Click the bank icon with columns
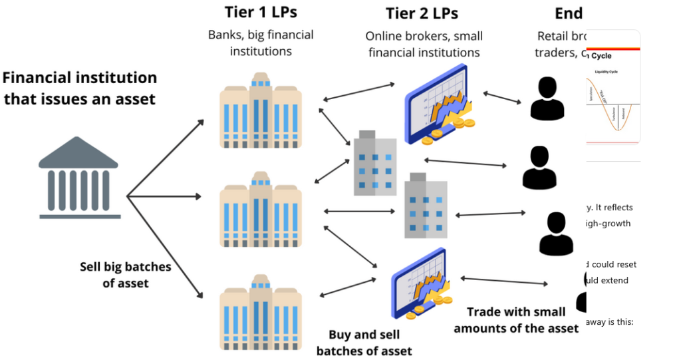[x=79, y=179]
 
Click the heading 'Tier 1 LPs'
[x=260, y=12]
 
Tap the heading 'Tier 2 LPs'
[x=422, y=13]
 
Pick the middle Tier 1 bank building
[x=260, y=209]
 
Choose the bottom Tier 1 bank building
[x=260, y=313]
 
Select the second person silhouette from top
[x=539, y=167]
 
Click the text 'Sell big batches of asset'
[x=126, y=275]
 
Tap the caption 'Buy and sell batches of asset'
[x=364, y=343]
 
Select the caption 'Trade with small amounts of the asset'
[x=516, y=320]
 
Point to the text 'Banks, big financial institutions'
[x=261, y=43]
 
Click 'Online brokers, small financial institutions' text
[x=424, y=44]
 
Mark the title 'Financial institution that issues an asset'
[x=80, y=89]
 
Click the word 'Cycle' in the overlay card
[x=601, y=55]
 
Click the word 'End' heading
[x=569, y=13]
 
